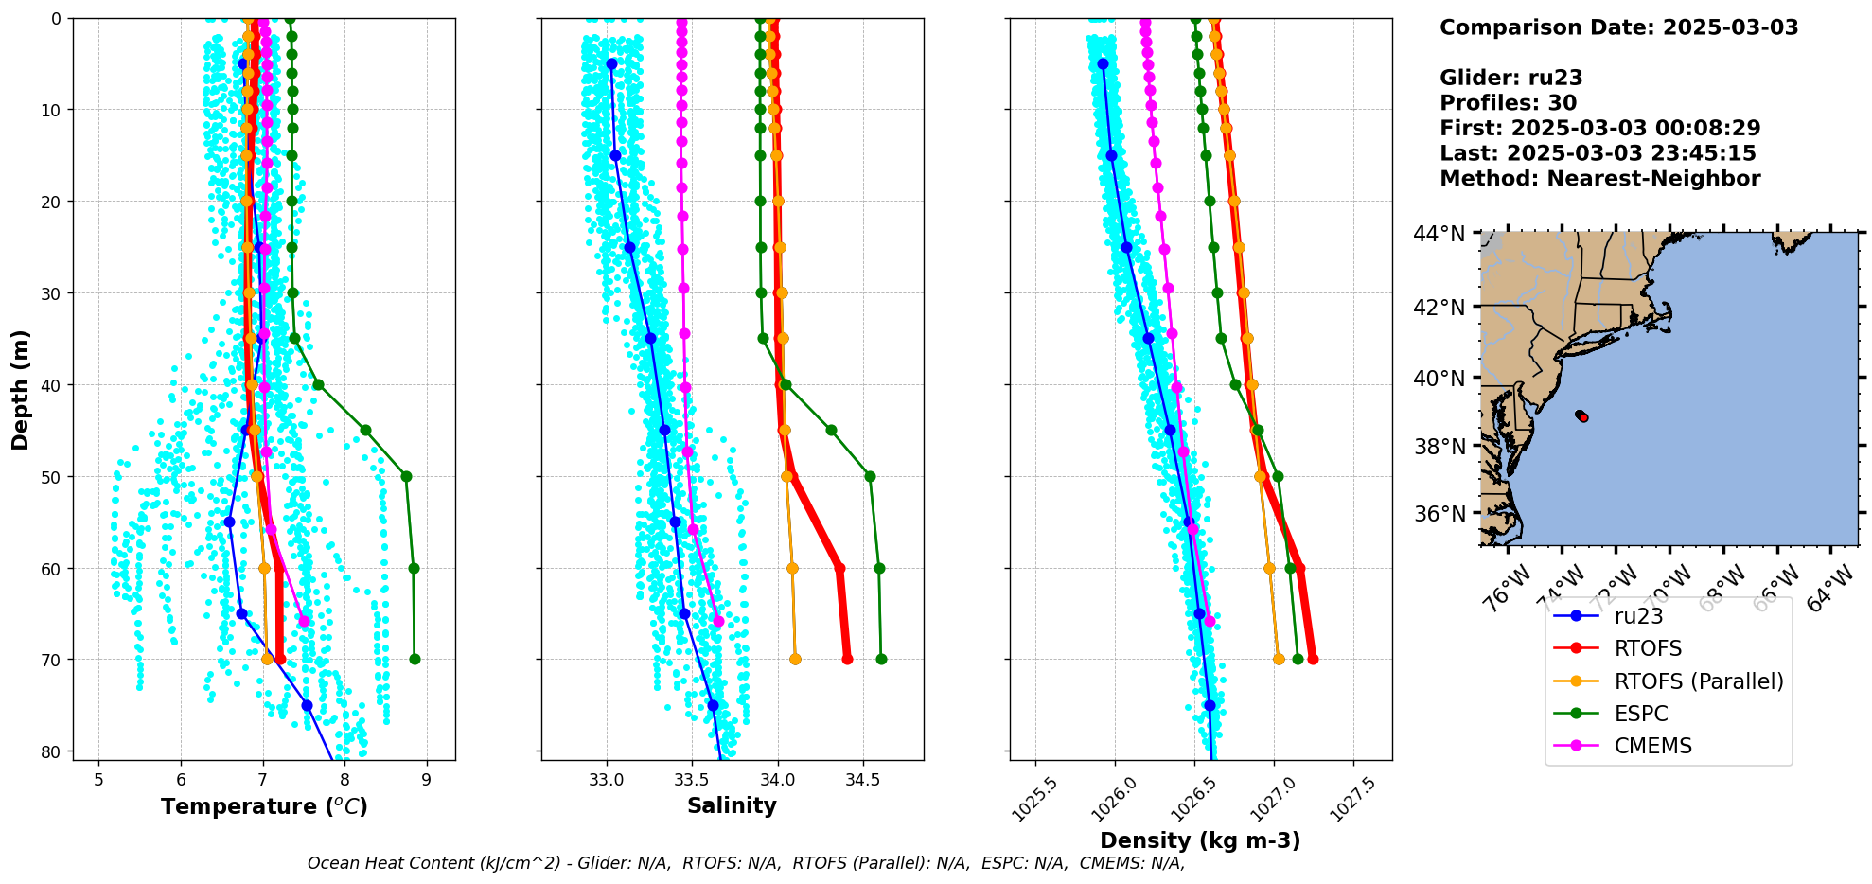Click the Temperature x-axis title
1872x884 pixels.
tap(264, 806)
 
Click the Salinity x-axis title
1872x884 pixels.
tap(732, 805)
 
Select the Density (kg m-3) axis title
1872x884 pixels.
tap(1200, 840)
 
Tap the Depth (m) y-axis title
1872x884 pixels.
tap(21, 389)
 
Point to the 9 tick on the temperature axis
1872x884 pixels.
tap(427, 779)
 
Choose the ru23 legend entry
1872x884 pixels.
tap(1638, 616)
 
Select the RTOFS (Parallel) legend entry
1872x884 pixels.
tap(1698, 681)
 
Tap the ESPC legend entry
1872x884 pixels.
tap(1641, 714)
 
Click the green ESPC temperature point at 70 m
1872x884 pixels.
tap(415, 659)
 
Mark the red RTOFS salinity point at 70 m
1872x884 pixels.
tap(847, 659)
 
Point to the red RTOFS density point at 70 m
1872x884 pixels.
tap(1313, 659)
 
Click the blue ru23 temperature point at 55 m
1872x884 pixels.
tap(229, 522)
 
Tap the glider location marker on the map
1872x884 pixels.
tap(1582, 416)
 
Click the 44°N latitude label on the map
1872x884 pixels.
tap(1439, 234)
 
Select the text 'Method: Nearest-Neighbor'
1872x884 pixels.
tap(1599, 179)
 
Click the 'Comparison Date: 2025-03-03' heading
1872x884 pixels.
tap(1618, 27)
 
